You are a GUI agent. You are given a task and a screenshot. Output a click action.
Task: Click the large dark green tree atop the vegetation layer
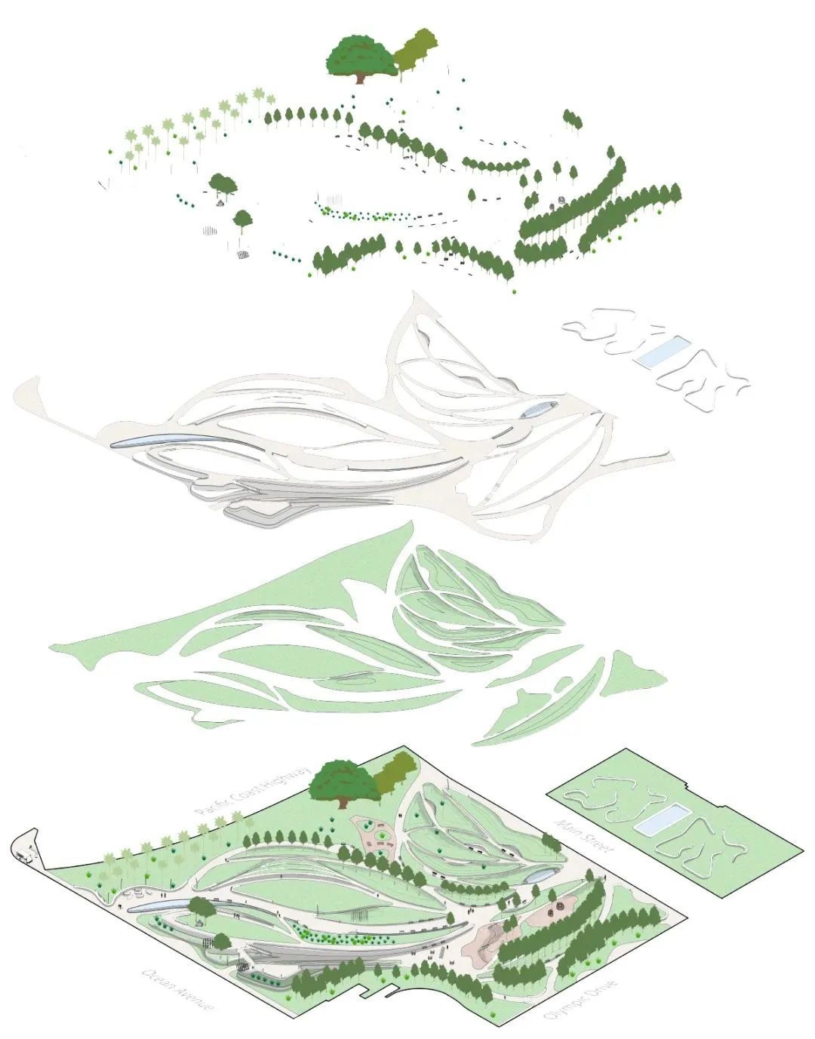pyautogui.click(x=361, y=55)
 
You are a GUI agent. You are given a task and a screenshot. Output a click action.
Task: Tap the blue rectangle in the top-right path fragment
pyautogui.click(x=662, y=352)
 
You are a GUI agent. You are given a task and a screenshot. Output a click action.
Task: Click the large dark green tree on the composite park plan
pyautogui.click(x=341, y=781)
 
